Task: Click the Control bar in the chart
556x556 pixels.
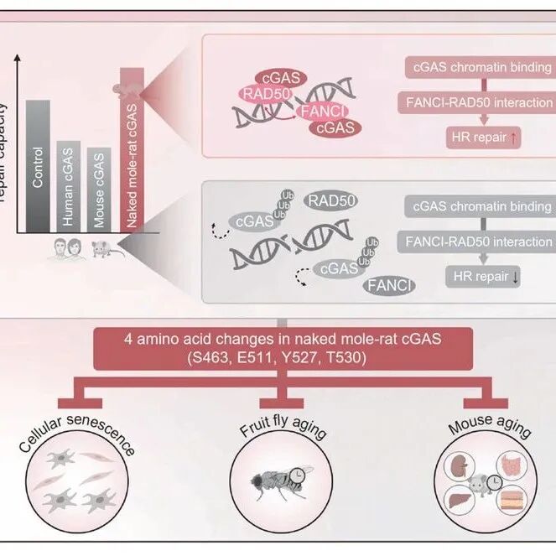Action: pyautogui.click(x=38, y=164)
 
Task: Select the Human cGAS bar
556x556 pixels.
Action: pyautogui.click(x=69, y=184)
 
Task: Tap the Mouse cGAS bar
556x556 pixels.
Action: pyautogui.click(x=99, y=188)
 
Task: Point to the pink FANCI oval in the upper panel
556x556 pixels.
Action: pyautogui.click(x=320, y=111)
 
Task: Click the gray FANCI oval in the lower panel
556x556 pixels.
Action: pyautogui.click(x=388, y=287)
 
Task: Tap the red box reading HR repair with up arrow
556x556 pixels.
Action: pyautogui.click(x=481, y=138)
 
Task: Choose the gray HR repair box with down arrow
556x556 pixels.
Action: pyautogui.click(x=481, y=276)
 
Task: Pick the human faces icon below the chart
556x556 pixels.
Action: pyautogui.click(x=65, y=248)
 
